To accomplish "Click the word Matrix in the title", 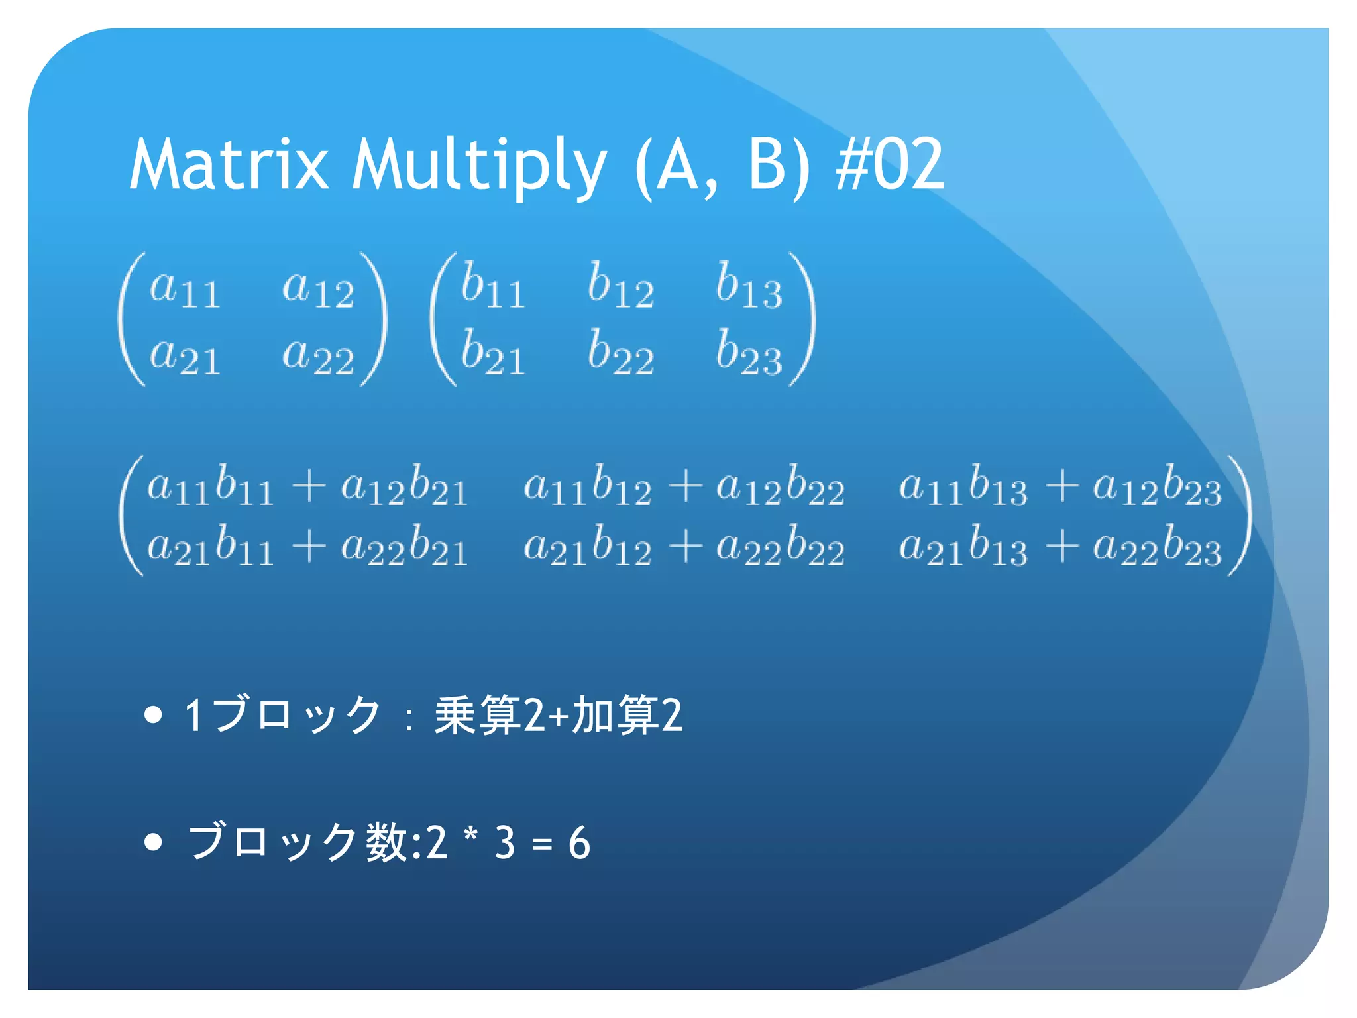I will pos(229,164).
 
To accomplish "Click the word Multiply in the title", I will pos(478,164).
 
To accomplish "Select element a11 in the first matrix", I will pos(184,290).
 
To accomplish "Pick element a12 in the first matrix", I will pos(318,290).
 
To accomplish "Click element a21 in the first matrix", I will pos(184,357).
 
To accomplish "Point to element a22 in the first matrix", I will pos(318,357).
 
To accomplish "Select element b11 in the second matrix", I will pos(493,287).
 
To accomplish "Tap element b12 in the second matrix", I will pos(621,287).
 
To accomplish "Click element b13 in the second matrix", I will pos(749,287).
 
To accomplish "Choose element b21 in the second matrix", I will pos(493,354).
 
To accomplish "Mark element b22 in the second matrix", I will pos(621,354).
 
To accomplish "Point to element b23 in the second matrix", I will pos(749,354).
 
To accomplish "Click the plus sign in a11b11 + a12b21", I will pos(309,487).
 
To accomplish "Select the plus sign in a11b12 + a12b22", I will pos(685,487).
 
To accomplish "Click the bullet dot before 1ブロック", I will pos(153,714).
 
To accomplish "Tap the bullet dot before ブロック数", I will pos(153,842).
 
